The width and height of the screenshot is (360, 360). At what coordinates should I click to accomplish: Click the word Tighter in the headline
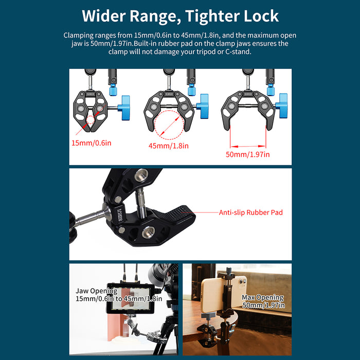tap(212, 16)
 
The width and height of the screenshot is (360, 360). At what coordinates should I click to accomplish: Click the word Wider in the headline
tap(104, 16)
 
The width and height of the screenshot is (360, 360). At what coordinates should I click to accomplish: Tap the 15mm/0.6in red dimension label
tap(92, 143)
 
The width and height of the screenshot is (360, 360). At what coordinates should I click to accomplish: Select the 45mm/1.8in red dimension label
tap(169, 146)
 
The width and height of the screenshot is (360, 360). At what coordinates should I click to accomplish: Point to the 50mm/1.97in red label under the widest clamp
tap(248, 154)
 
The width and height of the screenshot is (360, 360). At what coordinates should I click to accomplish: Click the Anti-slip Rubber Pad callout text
tap(251, 212)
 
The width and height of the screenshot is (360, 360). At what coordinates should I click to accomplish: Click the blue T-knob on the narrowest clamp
tap(124, 108)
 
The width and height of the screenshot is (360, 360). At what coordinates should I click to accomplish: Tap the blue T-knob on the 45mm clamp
tap(203, 106)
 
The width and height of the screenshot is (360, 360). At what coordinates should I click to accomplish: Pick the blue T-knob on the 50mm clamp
tap(282, 105)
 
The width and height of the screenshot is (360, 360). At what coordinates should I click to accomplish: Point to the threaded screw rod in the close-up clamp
tap(140, 203)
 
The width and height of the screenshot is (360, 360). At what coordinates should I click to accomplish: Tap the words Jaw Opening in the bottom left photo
tap(97, 291)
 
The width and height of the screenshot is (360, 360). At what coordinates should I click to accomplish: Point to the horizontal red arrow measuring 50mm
tap(248, 146)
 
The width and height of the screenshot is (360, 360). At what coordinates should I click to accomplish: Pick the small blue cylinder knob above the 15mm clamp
tap(113, 89)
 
